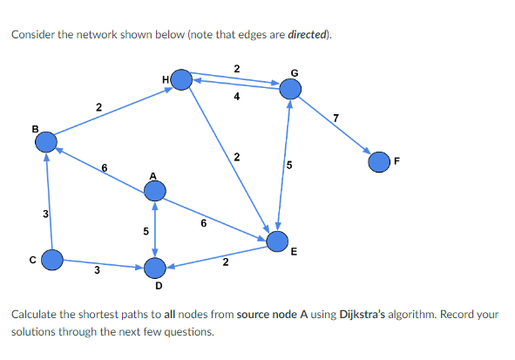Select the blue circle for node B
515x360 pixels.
coord(47,140)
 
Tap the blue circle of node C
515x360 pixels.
coord(53,259)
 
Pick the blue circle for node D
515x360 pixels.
coord(155,266)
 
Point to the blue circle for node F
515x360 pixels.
coord(379,161)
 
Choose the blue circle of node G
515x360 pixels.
coord(290,87)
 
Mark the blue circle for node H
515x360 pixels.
coord(181,80)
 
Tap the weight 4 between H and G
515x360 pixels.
coord(237,97)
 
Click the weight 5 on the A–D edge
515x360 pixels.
coord(145,231)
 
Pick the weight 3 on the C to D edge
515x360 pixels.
coord(97,271)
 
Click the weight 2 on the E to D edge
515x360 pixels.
coord(225,262)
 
